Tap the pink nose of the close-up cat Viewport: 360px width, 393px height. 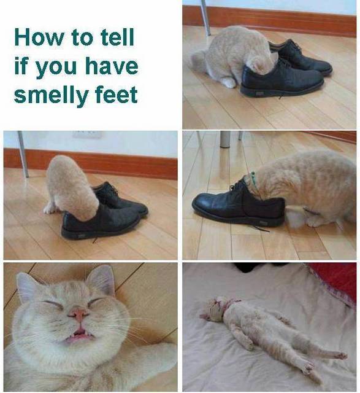[x=79, y=314]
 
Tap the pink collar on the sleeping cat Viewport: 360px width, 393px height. [x=231, y=304]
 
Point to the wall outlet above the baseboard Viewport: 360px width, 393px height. [x=87, y=134]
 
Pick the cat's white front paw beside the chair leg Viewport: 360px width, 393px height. [x=50, y=209]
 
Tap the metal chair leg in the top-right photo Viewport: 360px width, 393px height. [x=206, y=18]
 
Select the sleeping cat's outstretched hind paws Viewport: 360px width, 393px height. [x=326, y=361]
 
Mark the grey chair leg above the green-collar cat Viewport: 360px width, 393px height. [x=225, y=139]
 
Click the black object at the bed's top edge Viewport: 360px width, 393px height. [x=246, y=268]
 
